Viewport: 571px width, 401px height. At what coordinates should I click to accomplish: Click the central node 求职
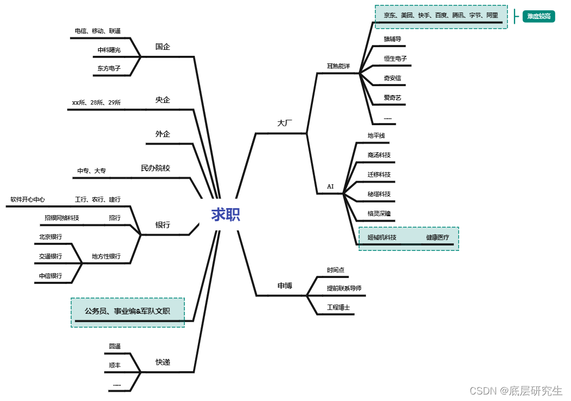[226, 215]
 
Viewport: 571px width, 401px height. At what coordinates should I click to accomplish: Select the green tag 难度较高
[538, 17]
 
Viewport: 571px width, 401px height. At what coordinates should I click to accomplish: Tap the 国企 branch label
[163, 47]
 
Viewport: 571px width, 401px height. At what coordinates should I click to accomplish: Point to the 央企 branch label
[163, 100]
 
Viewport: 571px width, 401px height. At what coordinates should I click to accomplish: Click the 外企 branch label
[163, 134]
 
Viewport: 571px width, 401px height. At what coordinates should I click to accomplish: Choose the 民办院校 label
[156, 168]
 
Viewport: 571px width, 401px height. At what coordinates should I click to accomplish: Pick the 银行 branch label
[163, 225]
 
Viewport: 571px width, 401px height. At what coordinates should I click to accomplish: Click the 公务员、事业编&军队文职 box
[127, 312]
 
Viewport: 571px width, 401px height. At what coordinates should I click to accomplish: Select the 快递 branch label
[163, 362]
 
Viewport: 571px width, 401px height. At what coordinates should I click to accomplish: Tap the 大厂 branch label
[285, 123]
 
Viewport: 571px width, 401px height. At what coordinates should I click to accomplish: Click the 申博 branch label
[285, 286]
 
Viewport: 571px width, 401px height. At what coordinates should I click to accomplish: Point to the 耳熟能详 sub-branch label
[338, 66]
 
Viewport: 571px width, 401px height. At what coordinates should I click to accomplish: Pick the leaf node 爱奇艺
[392, 98]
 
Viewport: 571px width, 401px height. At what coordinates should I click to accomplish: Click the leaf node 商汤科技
[379, 155]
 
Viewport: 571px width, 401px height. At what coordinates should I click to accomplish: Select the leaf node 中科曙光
[109, 50]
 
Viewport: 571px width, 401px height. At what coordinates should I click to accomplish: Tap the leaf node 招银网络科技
[62, 218]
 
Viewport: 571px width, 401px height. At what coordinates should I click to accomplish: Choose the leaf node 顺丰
[114, 365]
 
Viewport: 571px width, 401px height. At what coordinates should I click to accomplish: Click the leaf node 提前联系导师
[344, 288]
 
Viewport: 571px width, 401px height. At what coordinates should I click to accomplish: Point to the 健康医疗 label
[437, 237]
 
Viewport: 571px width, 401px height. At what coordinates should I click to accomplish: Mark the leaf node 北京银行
[50, 237]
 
